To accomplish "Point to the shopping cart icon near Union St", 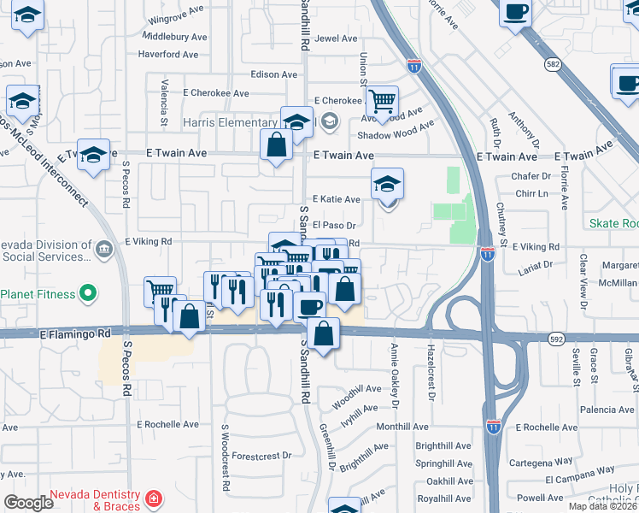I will click(382, 103).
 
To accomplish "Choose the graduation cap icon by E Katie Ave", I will click(387, 184).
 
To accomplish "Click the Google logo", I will click(28, 502).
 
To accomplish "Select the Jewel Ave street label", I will click(336, 38).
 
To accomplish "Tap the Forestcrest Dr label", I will click(261, 456).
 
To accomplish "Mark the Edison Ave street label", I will click(274, 74).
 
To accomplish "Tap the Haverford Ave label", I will click(169, 55).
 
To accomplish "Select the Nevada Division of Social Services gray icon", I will click(104, 249).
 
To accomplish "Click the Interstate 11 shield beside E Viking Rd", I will click(487, 254).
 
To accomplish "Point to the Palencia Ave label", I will click(607, 410).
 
